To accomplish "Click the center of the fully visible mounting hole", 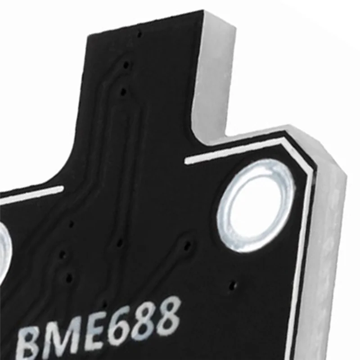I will point(256,205).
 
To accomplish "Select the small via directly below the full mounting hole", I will point(232,285).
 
